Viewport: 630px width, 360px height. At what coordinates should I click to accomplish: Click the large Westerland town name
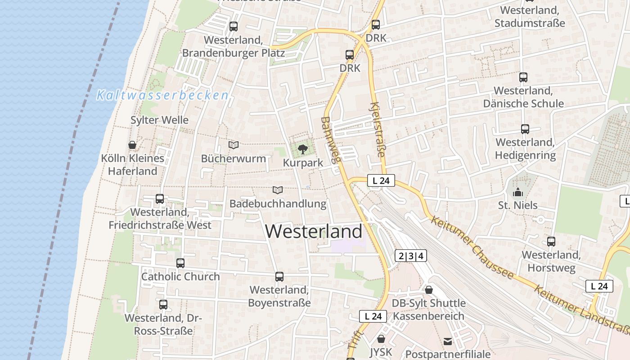[313, 231]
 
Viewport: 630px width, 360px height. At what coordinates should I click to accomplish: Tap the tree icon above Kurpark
[303, 148]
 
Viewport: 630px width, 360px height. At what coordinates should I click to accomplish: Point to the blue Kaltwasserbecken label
[162, 95]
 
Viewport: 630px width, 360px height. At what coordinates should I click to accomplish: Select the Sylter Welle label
[159, 120]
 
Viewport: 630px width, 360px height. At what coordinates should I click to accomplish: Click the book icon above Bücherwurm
[233, 145]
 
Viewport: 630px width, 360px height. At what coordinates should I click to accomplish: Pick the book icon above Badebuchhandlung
[278, 190]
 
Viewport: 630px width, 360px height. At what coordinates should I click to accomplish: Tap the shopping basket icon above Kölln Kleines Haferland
[132, 145]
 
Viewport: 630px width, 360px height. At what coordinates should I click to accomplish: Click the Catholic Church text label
[180, 276]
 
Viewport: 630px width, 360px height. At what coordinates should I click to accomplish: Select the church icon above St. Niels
[517, 192]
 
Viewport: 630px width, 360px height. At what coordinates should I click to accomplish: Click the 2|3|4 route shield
[410, 256]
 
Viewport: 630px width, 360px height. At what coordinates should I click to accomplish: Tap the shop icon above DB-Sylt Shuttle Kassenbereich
[428, 290]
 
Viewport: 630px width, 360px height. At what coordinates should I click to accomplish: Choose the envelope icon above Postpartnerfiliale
[447, 342]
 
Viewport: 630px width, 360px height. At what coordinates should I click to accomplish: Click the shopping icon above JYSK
[381, 338]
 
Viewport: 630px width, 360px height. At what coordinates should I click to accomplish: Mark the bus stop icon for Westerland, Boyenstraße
[279, 276]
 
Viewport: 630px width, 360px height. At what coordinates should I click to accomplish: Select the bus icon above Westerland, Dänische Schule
[523, 77]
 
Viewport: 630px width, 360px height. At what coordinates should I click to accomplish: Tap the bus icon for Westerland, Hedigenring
[525, 129]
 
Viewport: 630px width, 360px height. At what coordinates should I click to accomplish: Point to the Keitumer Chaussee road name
[472, 247]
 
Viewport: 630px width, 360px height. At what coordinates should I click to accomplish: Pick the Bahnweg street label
[331, 139]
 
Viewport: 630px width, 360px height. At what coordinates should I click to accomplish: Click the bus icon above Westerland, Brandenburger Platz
[233, 27]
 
